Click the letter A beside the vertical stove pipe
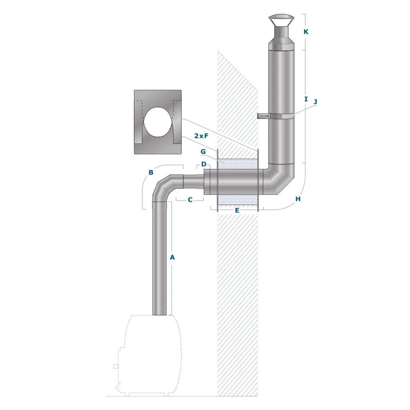(x=172, y=257)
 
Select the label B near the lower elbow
(x=151, y=172)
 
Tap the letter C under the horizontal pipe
(x=190, y=200)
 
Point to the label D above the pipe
(x=204, y=164)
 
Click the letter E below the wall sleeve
(x=237, y=210)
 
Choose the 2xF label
(x=201, y=136)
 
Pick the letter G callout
(x=203, y=151)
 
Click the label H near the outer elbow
(x=298, y=199)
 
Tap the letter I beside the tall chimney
(x=306, y=99)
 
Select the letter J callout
(x=316, y=102)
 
